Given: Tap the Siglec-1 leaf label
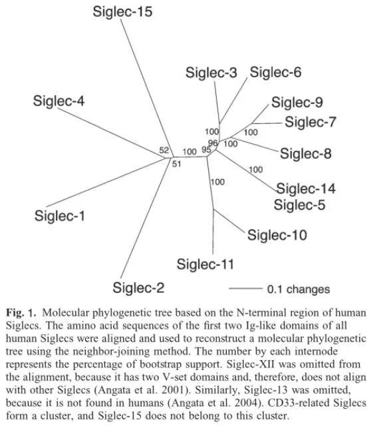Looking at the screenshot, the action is pyautogui.click(x=64, y=216).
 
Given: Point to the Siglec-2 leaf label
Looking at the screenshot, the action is pyautogui.click(x=139, y=288).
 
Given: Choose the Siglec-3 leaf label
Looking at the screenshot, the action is pyautogui.click(x=211, y=73).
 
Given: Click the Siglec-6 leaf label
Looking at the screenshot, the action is pyautogui.click(x=275, y=72).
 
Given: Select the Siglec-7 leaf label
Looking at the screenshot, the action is pyautogui.click(x=311, y=122).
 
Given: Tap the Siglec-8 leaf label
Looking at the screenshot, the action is pyautogui.click(x=305, y=154).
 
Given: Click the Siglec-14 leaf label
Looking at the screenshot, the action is pyautogui.click(x=306, y=188).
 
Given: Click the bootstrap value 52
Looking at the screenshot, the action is pyautogui.click(x=164, y=150).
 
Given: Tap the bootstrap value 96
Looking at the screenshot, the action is pyautogui.click(x=213, y=143).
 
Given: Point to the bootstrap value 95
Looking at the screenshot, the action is pyautogui.click(x=207, y=150).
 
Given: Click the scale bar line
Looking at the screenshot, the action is pyautogui.click(x=245, y=289).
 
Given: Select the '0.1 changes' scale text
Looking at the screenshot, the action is pyautogui.click(x=298, y=289).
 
